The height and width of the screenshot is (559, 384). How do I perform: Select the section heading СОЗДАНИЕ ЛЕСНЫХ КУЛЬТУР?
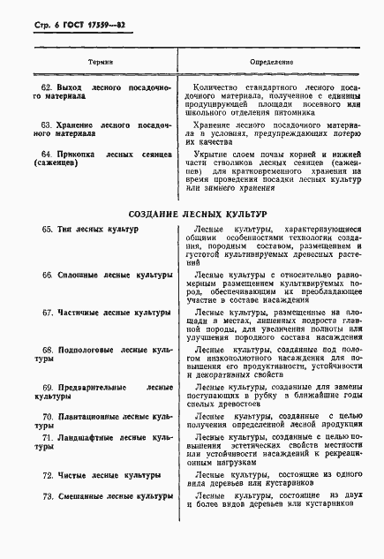192,214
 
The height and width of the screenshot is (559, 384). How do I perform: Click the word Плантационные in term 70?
90,415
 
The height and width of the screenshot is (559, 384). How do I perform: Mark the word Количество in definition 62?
217,89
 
